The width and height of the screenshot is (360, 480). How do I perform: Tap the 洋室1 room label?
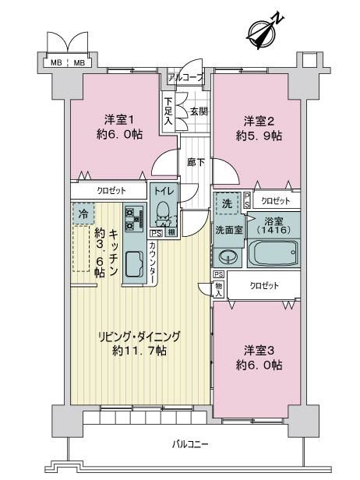[x=119, y=120]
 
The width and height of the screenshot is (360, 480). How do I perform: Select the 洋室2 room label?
[x=259, y=122]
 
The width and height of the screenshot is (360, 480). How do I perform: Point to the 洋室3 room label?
[x=259, y=351]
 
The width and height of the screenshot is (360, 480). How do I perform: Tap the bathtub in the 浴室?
[x=274, y=252]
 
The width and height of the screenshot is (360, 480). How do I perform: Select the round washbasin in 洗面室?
[x=228, y=256]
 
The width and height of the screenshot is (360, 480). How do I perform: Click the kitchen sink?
[x=135, y=264]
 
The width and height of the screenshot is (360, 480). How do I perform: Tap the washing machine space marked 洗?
[x=227, y=203]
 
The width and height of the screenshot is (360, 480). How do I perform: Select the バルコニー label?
[x=190, y=444]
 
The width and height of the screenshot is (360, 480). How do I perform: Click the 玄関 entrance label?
[x=199, y=111]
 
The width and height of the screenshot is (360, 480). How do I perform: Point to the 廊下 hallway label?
[x=196, y=162]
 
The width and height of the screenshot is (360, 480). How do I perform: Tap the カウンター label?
[x=153, y=263]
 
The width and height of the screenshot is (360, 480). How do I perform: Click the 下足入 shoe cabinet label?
[x=168, y=111]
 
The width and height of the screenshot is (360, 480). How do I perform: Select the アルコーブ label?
[x=185, y=78]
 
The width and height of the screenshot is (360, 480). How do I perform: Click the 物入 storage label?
[x=219, y=290]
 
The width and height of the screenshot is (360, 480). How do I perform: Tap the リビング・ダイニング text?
[x=139, y=337]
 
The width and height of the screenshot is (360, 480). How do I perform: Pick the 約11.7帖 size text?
[x=139, y=351]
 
